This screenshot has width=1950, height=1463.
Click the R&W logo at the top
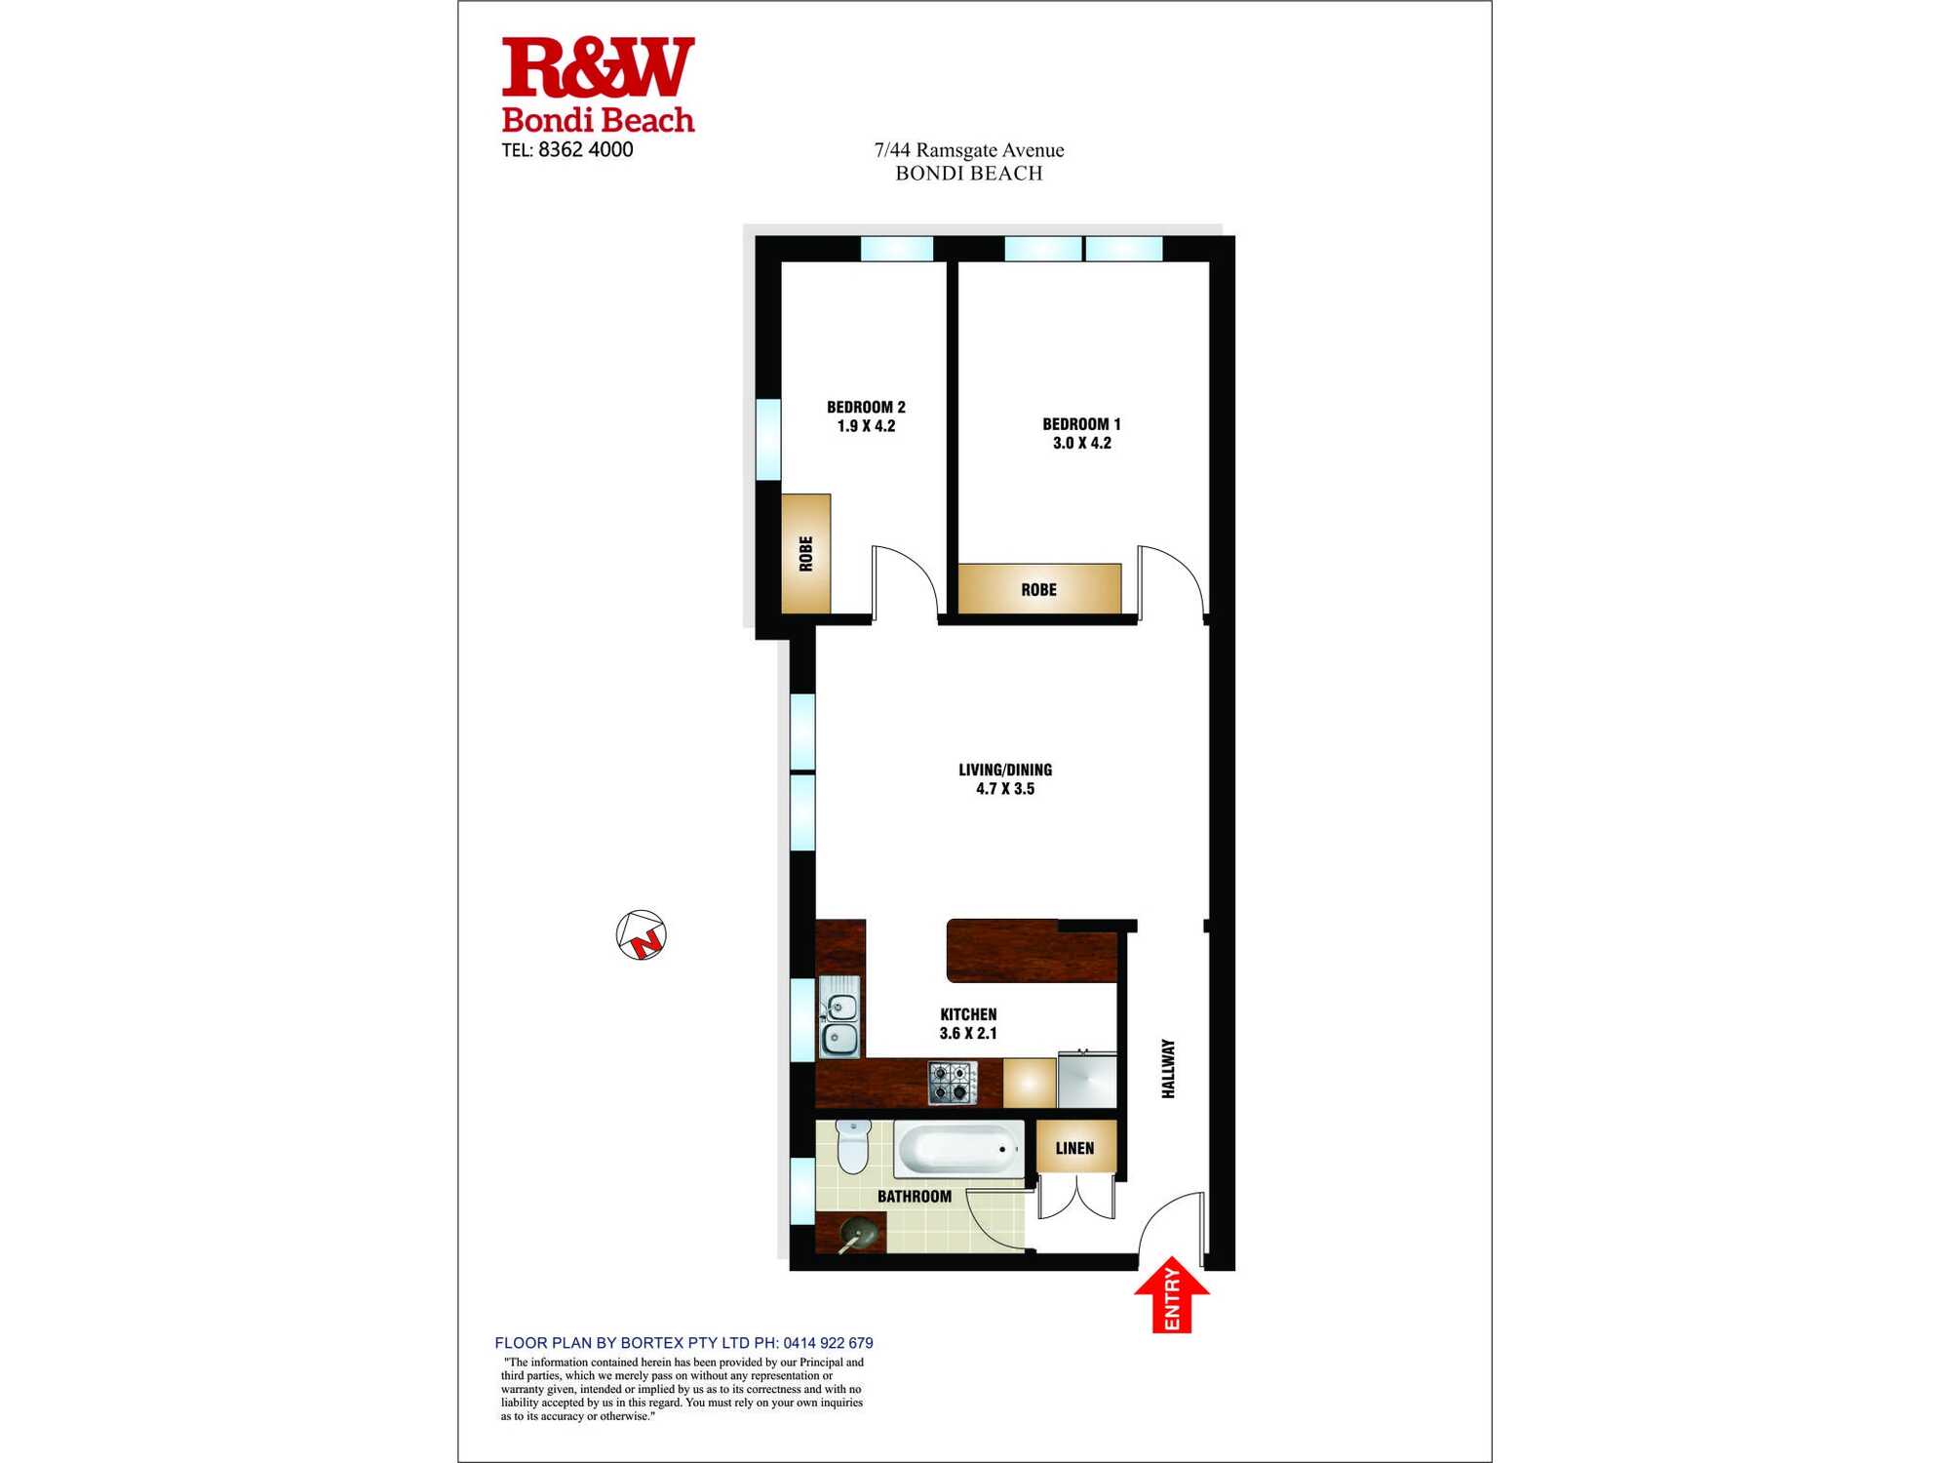598,68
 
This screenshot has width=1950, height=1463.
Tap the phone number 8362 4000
585,150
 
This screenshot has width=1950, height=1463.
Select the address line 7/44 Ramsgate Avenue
968,150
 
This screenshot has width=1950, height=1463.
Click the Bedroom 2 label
866,407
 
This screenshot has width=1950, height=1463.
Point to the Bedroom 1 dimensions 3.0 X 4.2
1081,443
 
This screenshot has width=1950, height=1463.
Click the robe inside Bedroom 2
805,553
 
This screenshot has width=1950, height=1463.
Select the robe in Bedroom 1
1038,589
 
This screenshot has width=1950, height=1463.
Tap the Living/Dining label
1004,770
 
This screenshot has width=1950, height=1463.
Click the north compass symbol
641,935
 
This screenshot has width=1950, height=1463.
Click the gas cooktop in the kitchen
952,1083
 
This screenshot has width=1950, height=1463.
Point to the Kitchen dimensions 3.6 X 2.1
967,1033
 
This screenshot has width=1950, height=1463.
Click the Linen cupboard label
1074,1148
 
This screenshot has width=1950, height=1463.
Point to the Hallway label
1168,1069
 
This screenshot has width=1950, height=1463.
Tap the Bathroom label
914,1197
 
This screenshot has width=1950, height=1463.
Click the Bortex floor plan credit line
683,1343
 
